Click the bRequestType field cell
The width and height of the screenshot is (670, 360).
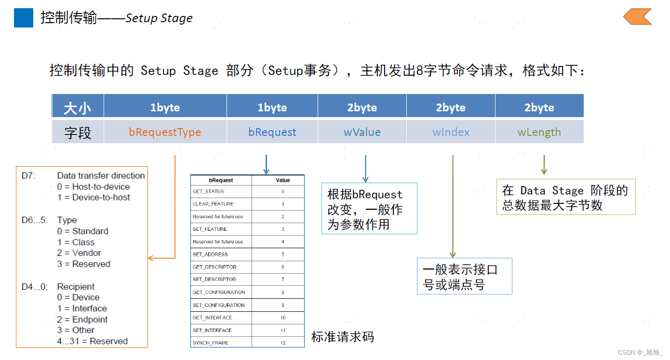(165, 132)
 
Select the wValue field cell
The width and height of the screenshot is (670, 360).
(362, 132)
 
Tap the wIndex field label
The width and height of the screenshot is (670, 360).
(451, 132)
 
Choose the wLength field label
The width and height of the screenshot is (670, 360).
(539, 132)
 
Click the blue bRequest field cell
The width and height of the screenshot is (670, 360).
(272, 132)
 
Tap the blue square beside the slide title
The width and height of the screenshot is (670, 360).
(24, 18)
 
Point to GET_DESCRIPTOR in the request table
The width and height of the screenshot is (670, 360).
(214, 267)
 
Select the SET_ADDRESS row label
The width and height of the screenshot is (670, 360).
(210, 254)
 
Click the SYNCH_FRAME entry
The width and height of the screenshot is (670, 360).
(211, 343)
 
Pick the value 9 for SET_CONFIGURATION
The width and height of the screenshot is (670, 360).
(283, 305)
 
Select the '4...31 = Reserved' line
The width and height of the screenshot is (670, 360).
(92, 341)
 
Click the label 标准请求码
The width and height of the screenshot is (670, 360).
(343, 337)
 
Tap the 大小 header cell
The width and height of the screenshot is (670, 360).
(78, 107)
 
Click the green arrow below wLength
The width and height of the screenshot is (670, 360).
(544, 165)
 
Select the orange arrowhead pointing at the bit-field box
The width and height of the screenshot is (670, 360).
(150, 258)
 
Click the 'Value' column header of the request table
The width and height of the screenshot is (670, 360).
(283, 180)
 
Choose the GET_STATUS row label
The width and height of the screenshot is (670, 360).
(209, 192)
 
